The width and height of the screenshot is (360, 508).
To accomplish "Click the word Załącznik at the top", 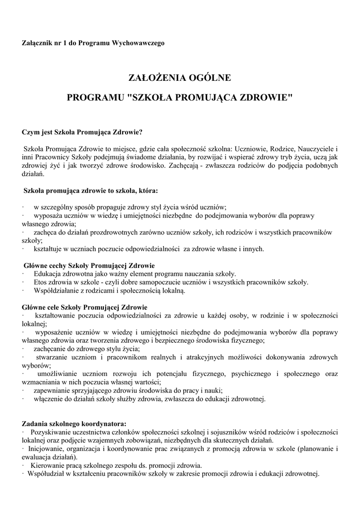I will (36, 43).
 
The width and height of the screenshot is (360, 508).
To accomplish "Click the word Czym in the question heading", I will (30, 132).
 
